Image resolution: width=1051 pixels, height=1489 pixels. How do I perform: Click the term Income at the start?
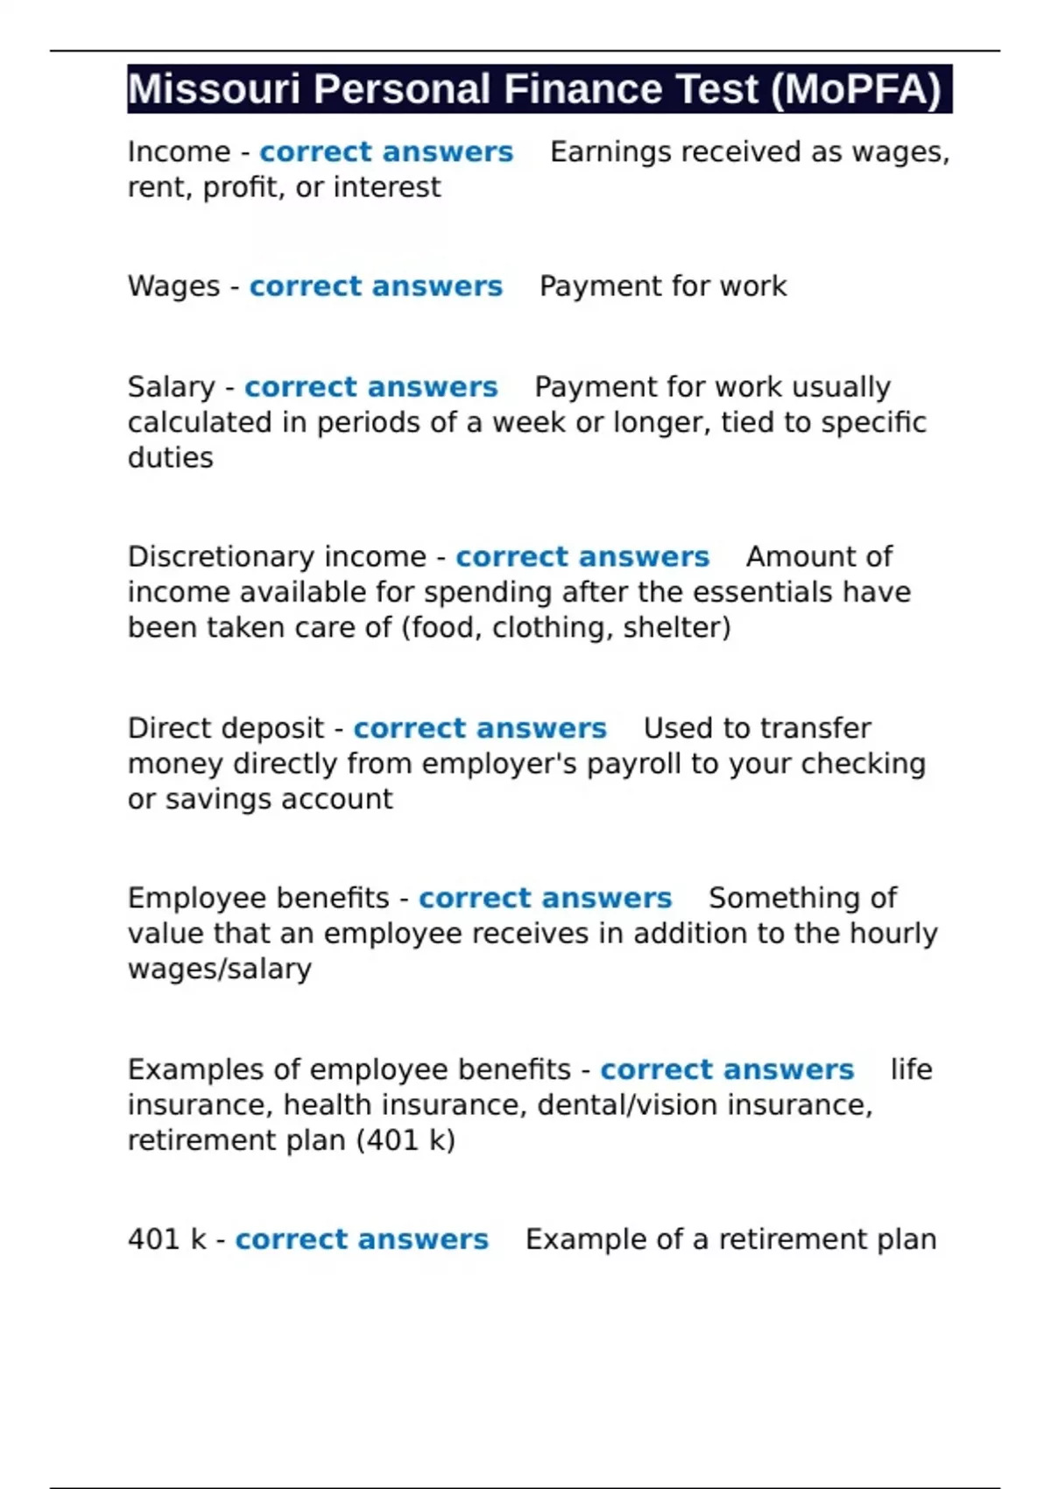pyautogui.click(x=179, y=152)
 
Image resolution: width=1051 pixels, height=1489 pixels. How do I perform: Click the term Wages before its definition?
pyautogui.click(x=173, y=286)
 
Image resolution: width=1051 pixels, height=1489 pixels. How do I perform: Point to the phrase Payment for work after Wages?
pyautogui.click(x=663, y=286)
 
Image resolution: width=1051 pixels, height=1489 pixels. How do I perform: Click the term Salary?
pyautogui.click(x=171, y=387)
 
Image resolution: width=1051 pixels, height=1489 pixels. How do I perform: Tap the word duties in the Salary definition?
pyautogui.click(x=170, y=458)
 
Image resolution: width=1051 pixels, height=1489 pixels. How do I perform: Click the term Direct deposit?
pyautogui.click(x=226, y=729)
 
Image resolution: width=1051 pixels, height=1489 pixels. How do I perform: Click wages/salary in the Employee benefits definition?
pyautogui.click(x=219, y=969)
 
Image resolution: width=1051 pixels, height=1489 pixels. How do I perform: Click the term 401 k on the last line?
pyautogui.click(x=166, y=1239)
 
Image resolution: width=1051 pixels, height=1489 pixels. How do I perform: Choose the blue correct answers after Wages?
pyautogui.click(x=376, y=286)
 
